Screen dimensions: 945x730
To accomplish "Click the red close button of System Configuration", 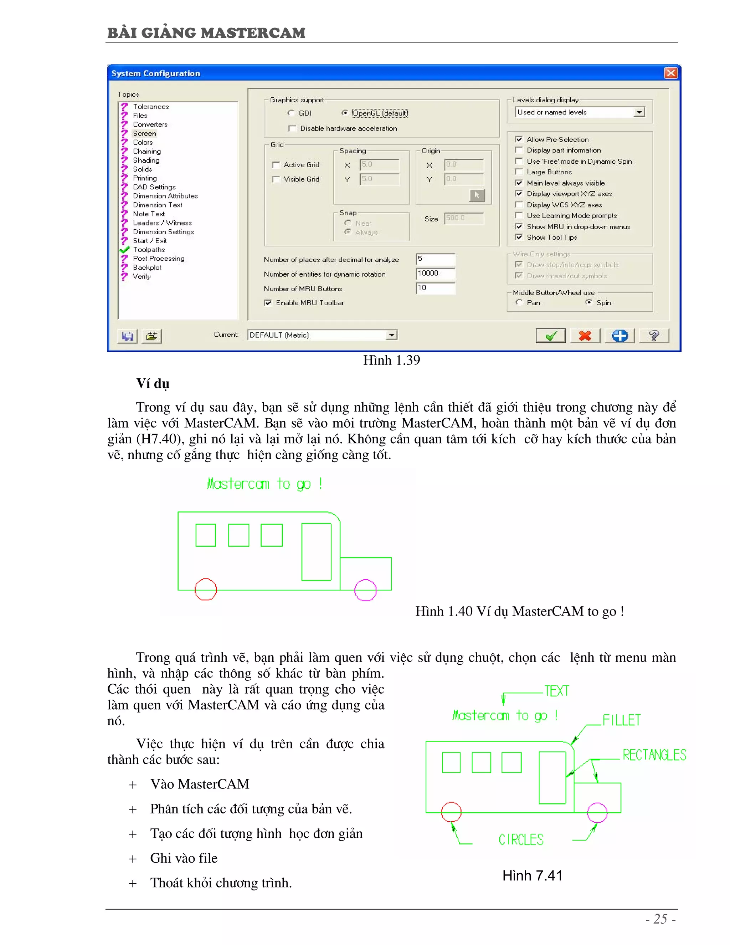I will coord(670,73).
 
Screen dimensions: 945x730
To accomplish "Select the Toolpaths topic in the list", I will coord(149,250).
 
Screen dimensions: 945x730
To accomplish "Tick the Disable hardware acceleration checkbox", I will coord(292,128).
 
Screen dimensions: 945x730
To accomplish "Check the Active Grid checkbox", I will coord(276,165).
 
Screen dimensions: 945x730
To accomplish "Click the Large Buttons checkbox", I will coord(519,172).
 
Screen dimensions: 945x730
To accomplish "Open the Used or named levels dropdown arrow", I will coord(639,112).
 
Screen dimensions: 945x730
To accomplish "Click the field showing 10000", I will coord(435,274).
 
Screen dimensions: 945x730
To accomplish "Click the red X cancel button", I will coord(585,336).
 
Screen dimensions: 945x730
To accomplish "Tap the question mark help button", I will coord(654,336).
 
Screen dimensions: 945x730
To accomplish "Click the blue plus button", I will coord(620,336).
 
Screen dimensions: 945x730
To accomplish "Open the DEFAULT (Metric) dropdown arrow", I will coord(391,335).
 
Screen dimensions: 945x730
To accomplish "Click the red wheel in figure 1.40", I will coord(205,589).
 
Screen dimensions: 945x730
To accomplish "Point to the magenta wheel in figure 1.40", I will coord(365,590).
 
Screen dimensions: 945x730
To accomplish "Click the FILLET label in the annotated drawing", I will coord(621,720).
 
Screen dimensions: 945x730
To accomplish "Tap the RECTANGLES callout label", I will coord(654,755).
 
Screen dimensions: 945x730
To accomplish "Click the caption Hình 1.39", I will coord(391,361).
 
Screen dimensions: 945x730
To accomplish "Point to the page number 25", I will coord(660,919).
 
